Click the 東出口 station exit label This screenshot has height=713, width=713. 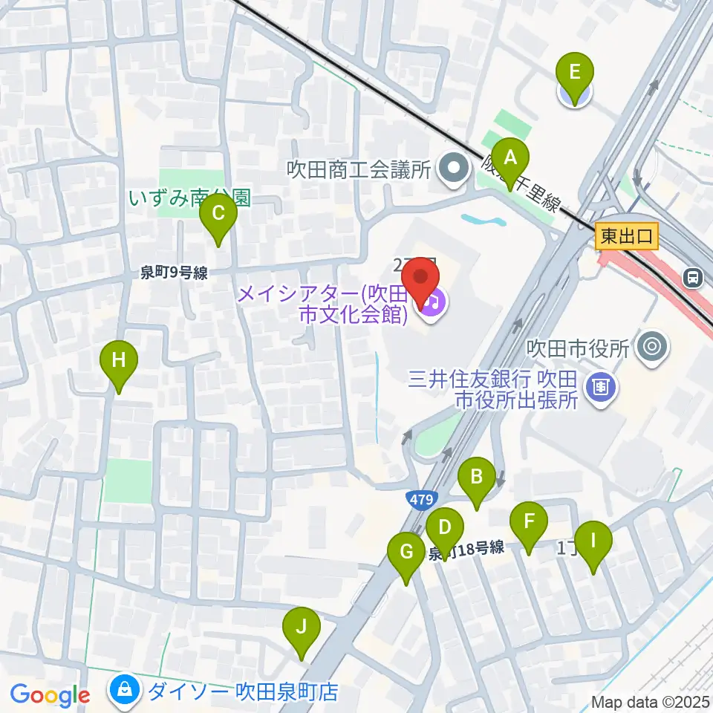(627, 237)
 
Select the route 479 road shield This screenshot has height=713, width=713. (420, 500)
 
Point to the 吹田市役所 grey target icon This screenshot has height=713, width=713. (653, 347)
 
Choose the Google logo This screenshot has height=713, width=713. (50, 695)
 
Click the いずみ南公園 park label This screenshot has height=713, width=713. (190, 198)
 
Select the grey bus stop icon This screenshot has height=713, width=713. (693, 277)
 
